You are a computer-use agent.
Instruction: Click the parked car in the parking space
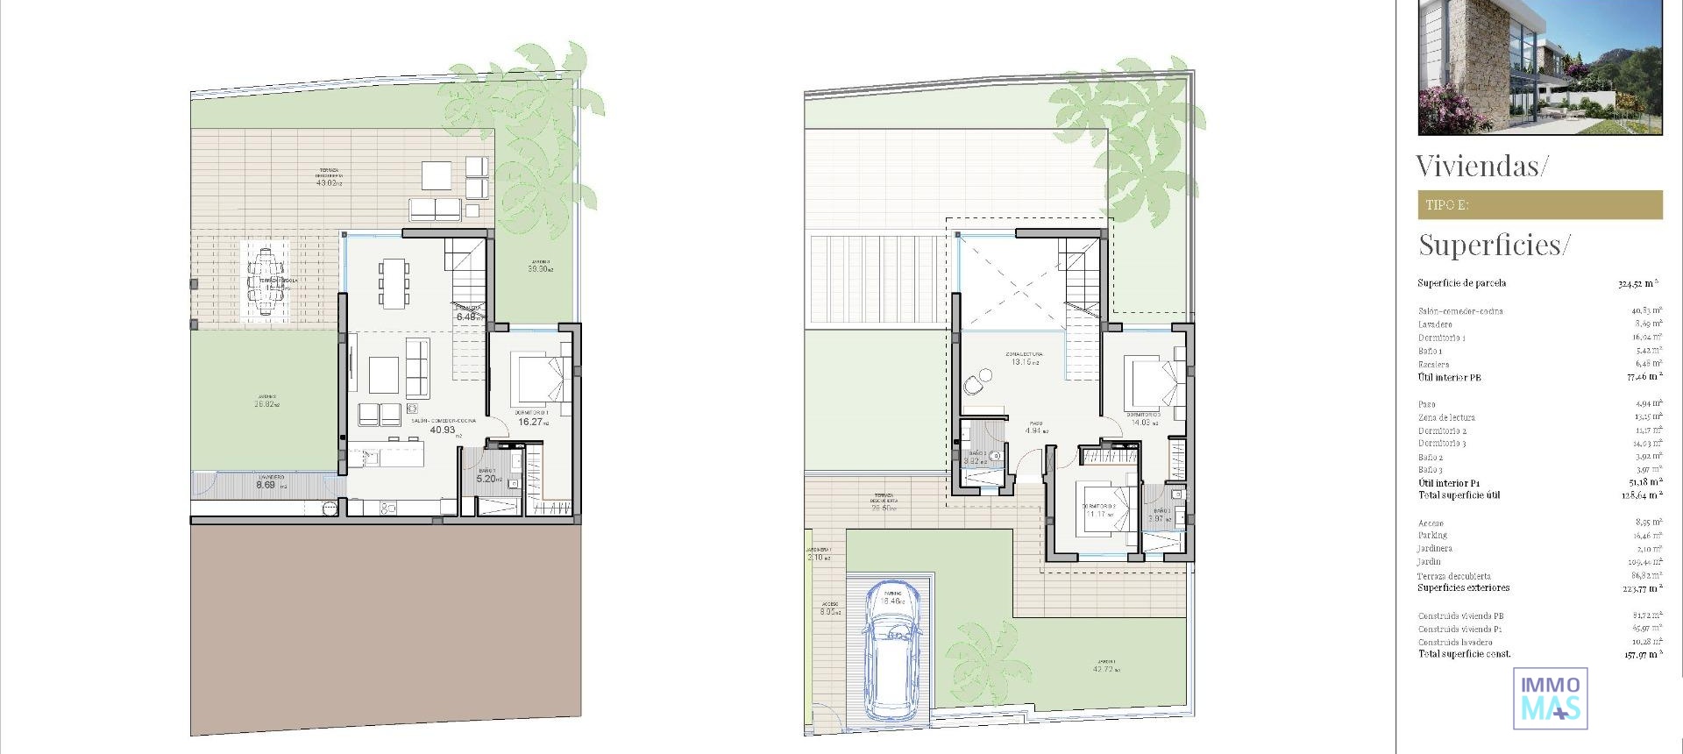891,652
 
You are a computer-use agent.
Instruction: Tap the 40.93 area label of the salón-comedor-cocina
443,430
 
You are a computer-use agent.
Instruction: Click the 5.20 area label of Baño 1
487,480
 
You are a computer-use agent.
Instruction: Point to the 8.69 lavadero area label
266,485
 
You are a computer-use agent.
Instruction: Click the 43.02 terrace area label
327,183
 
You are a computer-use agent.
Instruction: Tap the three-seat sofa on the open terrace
435,209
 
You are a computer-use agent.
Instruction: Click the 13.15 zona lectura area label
1023,361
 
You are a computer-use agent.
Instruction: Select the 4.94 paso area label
1037,430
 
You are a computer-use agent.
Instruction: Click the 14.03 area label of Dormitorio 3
1143,423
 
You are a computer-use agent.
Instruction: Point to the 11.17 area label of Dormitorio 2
1098,515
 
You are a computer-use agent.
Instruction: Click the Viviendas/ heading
1482,166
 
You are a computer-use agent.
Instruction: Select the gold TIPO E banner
1539,204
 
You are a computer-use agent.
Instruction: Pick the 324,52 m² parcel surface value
1637,283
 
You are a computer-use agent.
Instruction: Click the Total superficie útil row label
1459,495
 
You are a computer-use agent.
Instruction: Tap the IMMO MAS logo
1550,698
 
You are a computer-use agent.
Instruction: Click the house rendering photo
1539,67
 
